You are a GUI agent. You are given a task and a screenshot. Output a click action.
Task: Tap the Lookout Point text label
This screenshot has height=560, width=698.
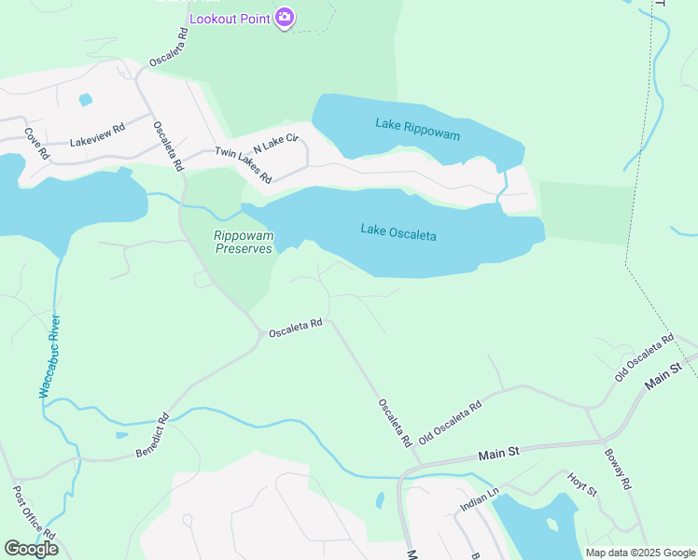tap(230, 19)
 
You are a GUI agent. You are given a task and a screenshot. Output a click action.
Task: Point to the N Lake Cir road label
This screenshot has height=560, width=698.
tap(275, 143)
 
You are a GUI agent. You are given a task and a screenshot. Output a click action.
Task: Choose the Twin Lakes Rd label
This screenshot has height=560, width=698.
tap(243, 165)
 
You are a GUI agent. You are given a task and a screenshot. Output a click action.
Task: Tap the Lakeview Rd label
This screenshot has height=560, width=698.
tap(97, 135)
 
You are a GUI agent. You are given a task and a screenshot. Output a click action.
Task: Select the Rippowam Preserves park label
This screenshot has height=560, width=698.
tap(244, 243)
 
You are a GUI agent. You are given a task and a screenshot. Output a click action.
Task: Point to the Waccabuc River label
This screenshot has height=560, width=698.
tap(49, 357)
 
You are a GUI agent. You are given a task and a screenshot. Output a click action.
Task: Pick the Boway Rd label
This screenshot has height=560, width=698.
tap(618, 471)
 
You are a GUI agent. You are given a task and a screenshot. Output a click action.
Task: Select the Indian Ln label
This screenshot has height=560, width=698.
tap(480, 499)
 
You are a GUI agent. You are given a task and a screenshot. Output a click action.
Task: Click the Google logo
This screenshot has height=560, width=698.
tap(31, 549)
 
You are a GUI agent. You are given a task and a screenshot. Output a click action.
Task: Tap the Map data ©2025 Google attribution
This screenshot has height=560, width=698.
tap(639, 553)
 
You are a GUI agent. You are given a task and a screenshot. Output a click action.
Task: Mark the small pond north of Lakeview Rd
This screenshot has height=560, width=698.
tap(86, 99)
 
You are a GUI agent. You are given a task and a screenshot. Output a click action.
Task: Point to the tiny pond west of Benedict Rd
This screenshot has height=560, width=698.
tap(122, 434)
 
